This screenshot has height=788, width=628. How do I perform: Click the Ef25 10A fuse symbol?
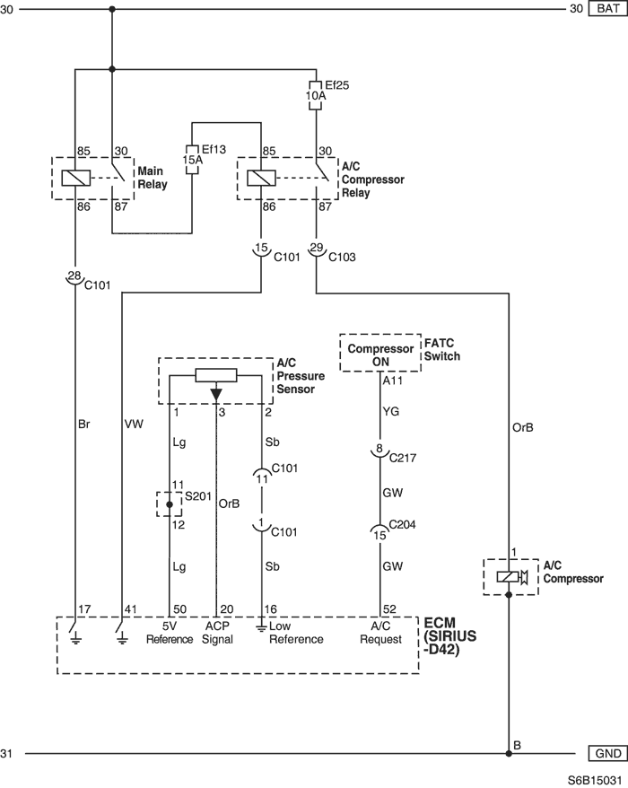point(316,94)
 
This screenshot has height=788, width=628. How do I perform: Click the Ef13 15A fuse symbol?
point(192,160)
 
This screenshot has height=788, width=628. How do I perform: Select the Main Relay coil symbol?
point(76,178)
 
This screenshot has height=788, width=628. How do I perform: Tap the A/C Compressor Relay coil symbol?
point(261,178)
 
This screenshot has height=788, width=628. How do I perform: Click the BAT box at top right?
point(608,9)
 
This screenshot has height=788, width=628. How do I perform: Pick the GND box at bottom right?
point(608,753)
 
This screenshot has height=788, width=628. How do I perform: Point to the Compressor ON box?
point(380,353)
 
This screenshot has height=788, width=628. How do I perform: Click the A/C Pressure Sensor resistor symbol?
point(216,375)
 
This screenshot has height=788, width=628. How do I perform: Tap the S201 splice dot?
point(170,504)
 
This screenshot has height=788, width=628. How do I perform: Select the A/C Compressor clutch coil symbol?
point(508,577)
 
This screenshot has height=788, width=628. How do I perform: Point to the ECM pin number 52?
point(389,609)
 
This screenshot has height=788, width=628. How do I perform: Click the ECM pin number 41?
point(131,609)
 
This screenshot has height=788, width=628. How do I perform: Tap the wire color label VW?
point(134,425)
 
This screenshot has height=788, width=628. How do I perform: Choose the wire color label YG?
point(391,412)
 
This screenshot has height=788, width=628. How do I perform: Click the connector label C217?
point(403,458)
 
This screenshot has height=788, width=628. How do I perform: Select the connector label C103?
point(342,257)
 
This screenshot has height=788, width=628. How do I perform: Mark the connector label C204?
point(403,525)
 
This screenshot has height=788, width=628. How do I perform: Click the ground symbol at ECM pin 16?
point(261,626)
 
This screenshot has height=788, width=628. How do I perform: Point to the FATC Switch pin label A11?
point(393,381)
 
